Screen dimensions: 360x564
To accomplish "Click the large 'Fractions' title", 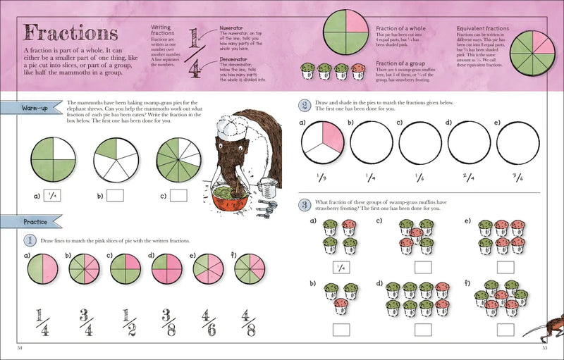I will (x=70, y=33).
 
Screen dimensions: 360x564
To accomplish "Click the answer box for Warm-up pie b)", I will (x=115, y=195).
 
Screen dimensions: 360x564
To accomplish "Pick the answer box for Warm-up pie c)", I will (x=178, y=195).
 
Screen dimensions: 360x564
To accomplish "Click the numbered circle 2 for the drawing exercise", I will (x=304, y=105).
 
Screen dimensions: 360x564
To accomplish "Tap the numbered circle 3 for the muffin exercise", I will (x=304, y=205).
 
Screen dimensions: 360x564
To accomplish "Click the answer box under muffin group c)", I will (x=423, y=268).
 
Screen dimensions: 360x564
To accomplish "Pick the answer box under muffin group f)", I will (x=505, y=329).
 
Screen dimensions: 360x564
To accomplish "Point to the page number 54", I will (x=20, y=347).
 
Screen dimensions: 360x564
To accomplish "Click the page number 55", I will (x=544, y=347).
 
